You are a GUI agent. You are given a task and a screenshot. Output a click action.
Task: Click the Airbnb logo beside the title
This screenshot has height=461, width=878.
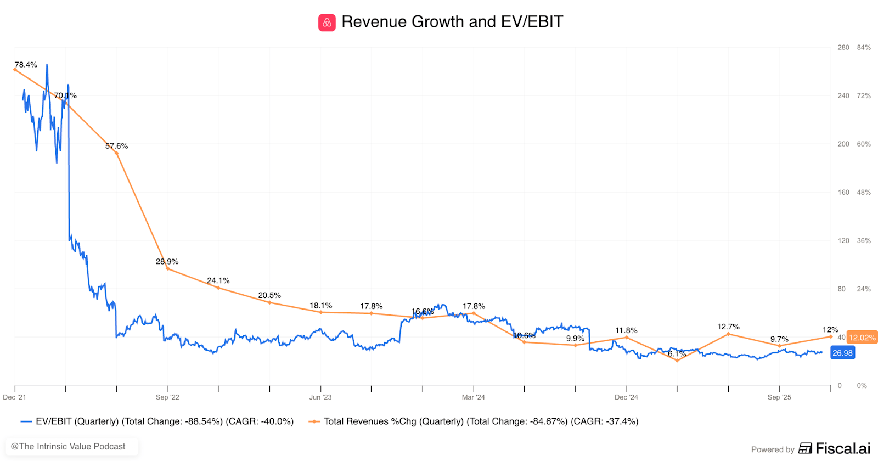[x=327, y=23]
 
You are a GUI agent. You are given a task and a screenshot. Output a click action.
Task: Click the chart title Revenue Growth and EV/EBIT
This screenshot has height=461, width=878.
[x=452, y=22]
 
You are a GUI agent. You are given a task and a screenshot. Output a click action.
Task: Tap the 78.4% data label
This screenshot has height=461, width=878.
[x=26, y=65]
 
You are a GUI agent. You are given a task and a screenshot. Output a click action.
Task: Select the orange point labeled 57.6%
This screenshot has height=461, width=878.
[x=117, y=153]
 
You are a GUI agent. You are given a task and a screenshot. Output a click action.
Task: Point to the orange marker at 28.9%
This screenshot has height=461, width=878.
[x=167, y=268]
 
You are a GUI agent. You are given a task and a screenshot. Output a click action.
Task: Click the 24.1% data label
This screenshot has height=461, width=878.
[x=218, y=280]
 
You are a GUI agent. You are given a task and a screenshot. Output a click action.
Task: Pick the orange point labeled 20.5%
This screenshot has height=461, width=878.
[x=269, y=302]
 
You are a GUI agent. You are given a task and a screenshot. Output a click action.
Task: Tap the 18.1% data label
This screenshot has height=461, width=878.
[x=320, y=305]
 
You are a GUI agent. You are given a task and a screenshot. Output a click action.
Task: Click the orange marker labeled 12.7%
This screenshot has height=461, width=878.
[x=728, y=334]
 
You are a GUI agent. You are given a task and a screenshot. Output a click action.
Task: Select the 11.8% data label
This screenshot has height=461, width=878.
[x=626, y=330]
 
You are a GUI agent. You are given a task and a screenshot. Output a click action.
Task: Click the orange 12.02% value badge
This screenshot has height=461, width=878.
[x=862, y=338]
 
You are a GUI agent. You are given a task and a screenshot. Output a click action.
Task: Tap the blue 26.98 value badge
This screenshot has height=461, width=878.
[x=842, y=353]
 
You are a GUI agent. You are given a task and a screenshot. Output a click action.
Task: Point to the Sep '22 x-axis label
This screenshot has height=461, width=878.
[x=167, y=397]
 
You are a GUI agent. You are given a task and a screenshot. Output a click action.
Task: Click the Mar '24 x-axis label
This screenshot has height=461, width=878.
[x=473, y=397]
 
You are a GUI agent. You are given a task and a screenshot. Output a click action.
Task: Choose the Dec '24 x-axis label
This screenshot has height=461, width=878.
[x=626, y=397]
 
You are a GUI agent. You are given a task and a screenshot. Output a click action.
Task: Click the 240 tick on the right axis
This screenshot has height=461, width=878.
[x=843, y=95]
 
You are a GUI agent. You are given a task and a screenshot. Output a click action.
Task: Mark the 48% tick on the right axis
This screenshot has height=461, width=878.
[x=864, y=192]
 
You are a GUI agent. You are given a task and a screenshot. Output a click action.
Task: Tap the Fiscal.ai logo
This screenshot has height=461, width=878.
[x=835, y=448]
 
